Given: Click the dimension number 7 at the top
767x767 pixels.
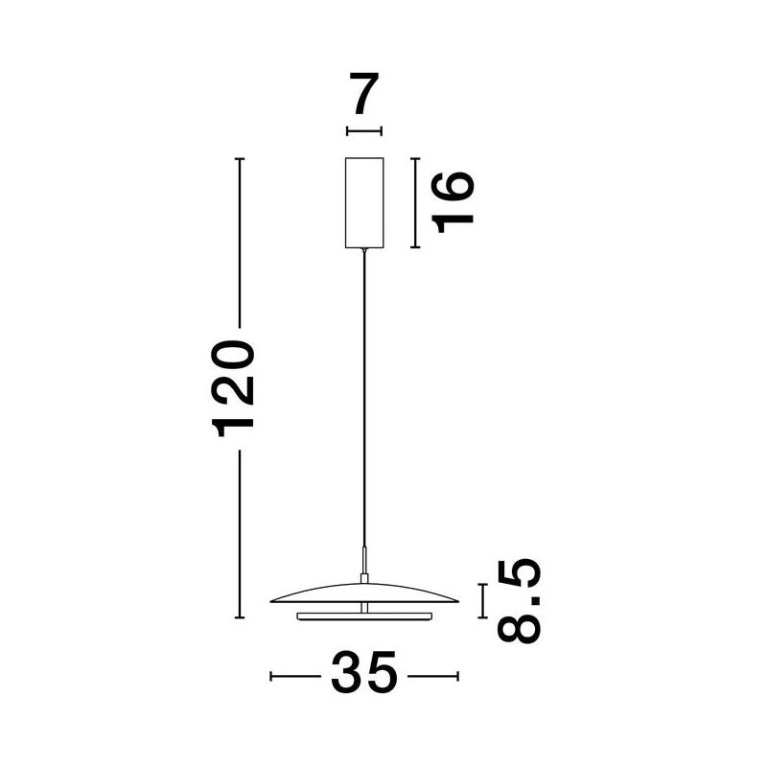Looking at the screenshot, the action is (364, 93).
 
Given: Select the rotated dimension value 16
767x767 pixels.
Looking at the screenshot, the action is (453, 202).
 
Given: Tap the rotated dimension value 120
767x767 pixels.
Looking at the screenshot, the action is (233, 389).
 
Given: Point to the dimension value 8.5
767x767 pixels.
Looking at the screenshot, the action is (519, 601).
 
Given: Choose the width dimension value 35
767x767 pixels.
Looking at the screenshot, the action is (364, 672).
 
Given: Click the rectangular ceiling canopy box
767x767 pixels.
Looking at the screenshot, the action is (364, 202).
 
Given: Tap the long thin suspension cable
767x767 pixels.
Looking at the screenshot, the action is (364, 398).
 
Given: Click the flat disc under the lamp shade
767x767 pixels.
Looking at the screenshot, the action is (364, 616).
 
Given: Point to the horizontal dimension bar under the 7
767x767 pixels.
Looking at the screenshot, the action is (364, 131).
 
